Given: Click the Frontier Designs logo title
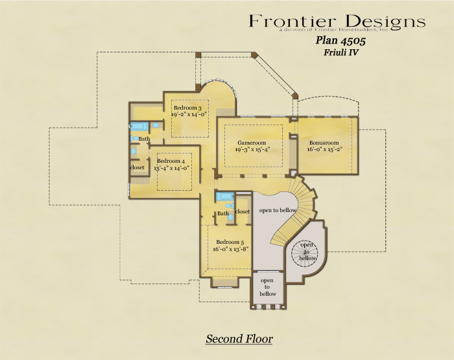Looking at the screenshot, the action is pos(337,21).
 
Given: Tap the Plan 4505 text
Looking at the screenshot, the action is pos(340,40).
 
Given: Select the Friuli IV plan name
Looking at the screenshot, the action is pos(341,53).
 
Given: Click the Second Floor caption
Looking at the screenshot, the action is pos(239,339).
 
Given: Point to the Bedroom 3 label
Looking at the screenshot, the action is pos(187,108).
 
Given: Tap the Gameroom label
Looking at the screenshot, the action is pos(252,143).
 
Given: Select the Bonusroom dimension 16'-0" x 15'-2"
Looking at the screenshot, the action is pos(325,149).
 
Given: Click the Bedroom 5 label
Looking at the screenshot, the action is pos(230,242).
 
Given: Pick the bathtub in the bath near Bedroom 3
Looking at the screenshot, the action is pos(139,126).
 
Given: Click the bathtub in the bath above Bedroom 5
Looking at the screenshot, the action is pos(225,197).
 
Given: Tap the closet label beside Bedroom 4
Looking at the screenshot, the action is pos(137,167).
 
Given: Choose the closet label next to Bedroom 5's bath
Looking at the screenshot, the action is pos(243,211).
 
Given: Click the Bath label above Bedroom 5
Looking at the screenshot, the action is pos(223,213).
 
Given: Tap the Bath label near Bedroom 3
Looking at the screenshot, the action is pos(144,139).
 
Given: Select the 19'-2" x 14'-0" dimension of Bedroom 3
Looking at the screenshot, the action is pos(189,114).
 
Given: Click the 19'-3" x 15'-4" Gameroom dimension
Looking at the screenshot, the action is pos(252,149).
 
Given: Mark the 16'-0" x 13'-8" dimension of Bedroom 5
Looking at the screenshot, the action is pos(231,249).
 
